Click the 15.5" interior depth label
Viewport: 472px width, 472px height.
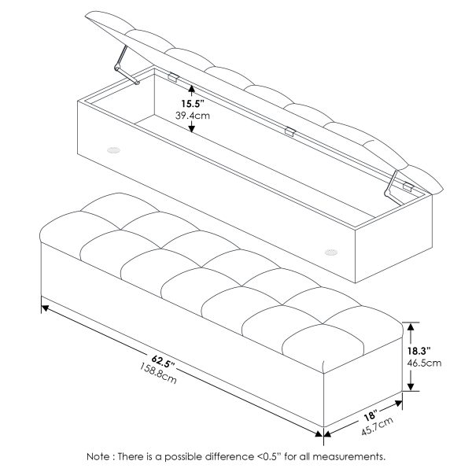coord(191,103)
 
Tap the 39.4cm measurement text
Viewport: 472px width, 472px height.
coord(191,116)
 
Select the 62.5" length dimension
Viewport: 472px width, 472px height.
coord(162,360)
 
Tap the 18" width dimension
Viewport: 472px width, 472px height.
coord(371,415)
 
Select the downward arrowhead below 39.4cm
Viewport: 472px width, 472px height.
coord(191,131)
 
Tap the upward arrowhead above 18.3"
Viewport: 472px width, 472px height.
coord(409,326)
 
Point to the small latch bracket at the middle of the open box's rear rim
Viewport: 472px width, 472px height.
coord(291,132)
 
